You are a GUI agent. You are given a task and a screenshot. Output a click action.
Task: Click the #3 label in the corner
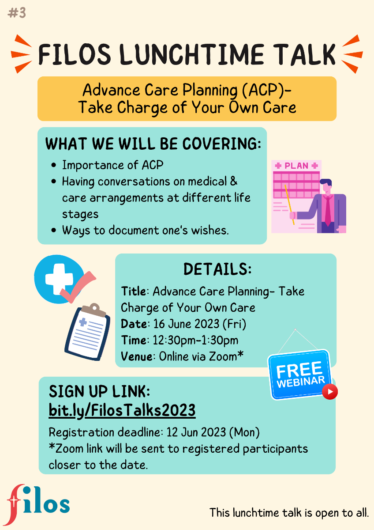coord(16,13)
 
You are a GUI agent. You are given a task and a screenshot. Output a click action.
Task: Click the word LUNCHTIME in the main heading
coord(191,54)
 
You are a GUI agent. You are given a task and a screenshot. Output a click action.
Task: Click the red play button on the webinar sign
coord(330,392)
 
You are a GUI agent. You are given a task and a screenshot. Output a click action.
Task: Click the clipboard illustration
coord(87,332)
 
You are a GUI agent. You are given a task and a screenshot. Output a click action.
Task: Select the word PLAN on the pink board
coord(296,166)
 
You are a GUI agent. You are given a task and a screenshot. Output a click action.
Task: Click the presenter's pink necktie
coord(328,210)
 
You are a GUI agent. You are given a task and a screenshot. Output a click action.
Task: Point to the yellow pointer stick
coord(289,204)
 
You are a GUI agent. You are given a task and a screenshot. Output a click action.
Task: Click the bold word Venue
coord(137,356)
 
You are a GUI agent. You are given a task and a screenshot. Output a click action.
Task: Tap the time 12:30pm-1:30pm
coord(195,340)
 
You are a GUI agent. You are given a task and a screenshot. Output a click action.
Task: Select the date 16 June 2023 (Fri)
coord(200,324)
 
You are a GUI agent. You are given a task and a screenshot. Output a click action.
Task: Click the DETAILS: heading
coord(217,269)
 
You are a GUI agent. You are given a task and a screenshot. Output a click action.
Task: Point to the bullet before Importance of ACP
coord(54,165)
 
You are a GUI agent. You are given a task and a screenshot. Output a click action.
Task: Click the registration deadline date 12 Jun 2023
coord(196,432)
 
